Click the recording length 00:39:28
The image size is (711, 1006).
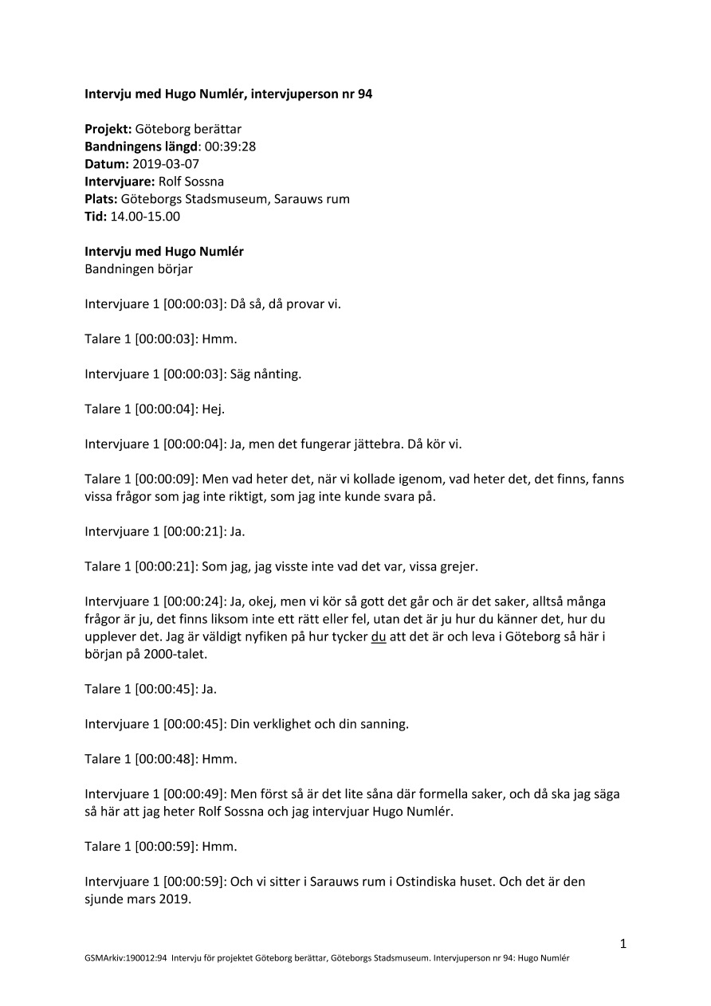tap(230, 147)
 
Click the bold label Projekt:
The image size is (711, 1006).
tap(108, 129)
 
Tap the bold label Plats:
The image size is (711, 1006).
tap(101, 199)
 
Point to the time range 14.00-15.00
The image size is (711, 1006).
tap(145, 217)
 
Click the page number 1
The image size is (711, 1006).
tap(623, 945)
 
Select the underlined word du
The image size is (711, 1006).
tap(379, 637)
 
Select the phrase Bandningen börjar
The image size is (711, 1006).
tap(139, 269)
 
